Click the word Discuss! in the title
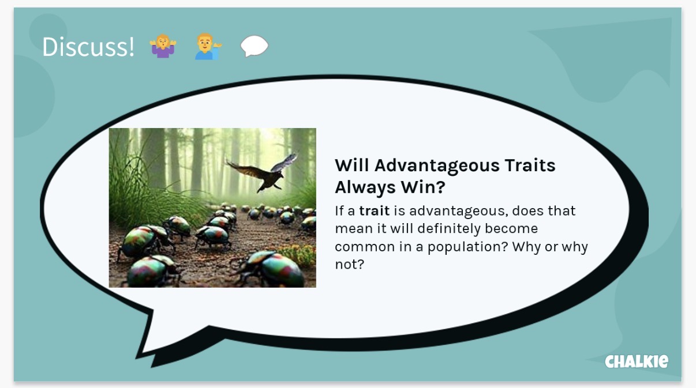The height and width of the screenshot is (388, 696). pyautogui.click(x=88, y=47)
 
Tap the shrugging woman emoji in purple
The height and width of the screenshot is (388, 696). pyautogui.click(x=163, y=46)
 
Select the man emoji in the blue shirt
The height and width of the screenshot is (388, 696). pyautogui.click(x=208, y=47)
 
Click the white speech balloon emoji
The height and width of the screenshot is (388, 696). pyautogui.click(x=254, y=46)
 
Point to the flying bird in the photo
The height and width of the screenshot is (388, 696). pyautogui.click(x=263, y=173)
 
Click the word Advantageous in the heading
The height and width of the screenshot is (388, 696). pyautogui.click(x=436, y=166)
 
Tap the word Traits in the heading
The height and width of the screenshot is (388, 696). pyautogui.click(x=530, y=165)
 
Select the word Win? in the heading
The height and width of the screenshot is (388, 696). pyautogui.click(x=423, y=187)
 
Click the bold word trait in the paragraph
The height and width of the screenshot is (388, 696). pyautogui.click(x=374, y=211)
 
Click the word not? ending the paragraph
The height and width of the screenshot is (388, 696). pyautogui.click(x=349, y=265)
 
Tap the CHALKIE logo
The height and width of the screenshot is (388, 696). pyautogui.click(x=637, y=361)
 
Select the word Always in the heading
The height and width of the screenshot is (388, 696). pyautogui.click(x=365, y=188)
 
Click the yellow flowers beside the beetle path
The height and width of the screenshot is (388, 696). pyautogui.click(x=297, y=255)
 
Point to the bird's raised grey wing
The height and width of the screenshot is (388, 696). pyautogui.click(x=285, y=162)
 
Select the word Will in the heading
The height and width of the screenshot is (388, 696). pyautogui.click(x=351, y=165)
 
